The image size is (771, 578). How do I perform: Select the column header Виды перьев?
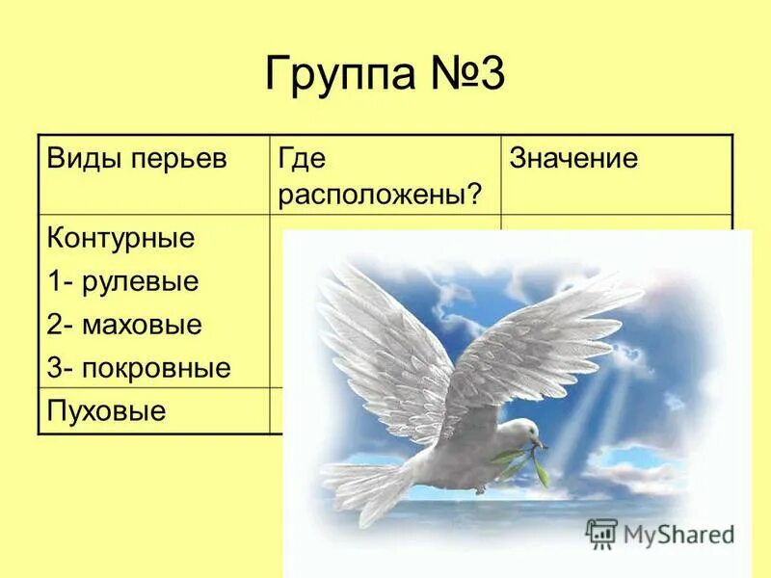(136, 159)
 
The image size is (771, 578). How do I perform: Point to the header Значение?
(573, 159)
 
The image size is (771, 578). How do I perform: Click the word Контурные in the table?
(120, 238)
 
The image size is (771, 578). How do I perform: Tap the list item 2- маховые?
(124, 325)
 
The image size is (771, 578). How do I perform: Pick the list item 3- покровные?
(139, 368)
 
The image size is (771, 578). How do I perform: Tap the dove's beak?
(540, 444)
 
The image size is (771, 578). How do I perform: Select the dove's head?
(520, 433)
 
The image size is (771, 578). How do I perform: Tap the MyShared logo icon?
(601, 533)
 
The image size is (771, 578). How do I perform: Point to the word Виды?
(83, 159)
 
